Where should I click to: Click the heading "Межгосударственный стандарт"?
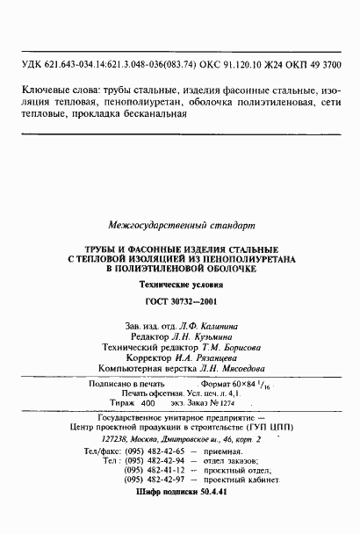[180, 224]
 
